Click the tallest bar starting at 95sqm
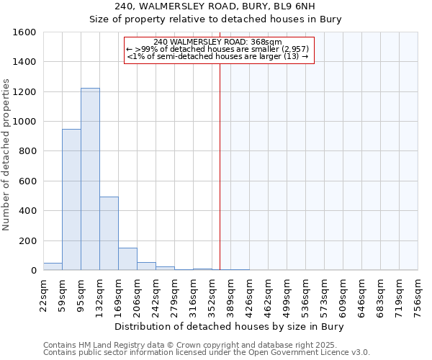tap(90, 179)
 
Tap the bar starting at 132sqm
tap(109, 233)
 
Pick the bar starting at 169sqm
tap(127, 259)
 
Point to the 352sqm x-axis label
tap(212, 293)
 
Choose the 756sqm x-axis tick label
tap(418, 293)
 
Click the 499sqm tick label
tap(287, 293)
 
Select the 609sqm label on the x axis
tap(343, 293)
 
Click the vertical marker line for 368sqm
tap(220, 166)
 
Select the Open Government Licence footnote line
tap(207, 353)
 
